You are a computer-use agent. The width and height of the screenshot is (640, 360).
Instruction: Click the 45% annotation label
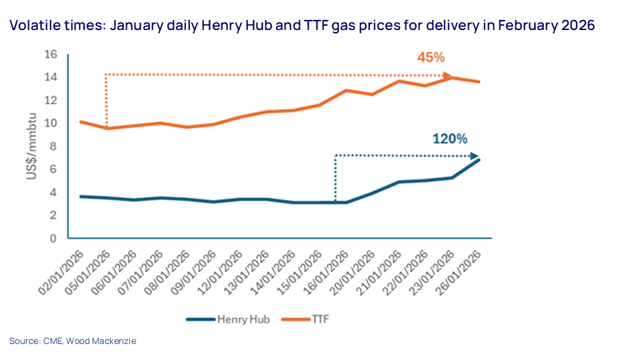pyautogui.click(x=431, y=57)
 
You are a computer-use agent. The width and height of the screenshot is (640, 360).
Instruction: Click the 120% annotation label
pyautogui.click(x=450, y=139)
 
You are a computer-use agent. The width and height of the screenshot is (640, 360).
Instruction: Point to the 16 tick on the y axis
pyautogui.click(x=51, y=54)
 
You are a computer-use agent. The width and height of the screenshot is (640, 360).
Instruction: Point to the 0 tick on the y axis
pyautogui.click(x=54, y=238)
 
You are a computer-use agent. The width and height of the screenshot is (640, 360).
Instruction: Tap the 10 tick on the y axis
pyautogui.click(x=51, y=123)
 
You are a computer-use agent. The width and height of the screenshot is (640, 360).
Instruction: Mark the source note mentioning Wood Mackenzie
pyautogui.click(x=73, y=341)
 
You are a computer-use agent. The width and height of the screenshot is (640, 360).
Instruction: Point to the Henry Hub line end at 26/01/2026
pyautogui.click(x=479, y=159)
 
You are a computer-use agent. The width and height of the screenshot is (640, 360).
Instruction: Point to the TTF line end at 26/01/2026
pyautogui.click(x=479, y=82)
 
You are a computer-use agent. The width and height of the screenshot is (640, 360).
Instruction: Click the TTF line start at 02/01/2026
pyautogui.click(x=80, y=122)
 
